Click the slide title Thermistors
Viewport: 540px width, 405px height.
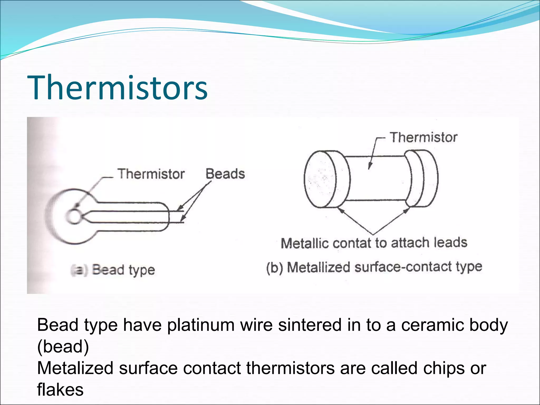pos(117,88)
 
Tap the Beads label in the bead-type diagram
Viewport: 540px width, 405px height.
pos(225,174)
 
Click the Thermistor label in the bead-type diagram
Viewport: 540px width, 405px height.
pos(151,174)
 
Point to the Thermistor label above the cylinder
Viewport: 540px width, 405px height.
pos(423,137)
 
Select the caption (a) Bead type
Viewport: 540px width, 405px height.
pos(113,270)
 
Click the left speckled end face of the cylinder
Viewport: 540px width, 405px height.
pos(320,179)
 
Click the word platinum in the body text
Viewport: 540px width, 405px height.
pos(201,325)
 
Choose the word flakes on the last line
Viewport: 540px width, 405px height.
pos(60,389)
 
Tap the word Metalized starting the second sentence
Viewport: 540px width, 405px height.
pos(75,368)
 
